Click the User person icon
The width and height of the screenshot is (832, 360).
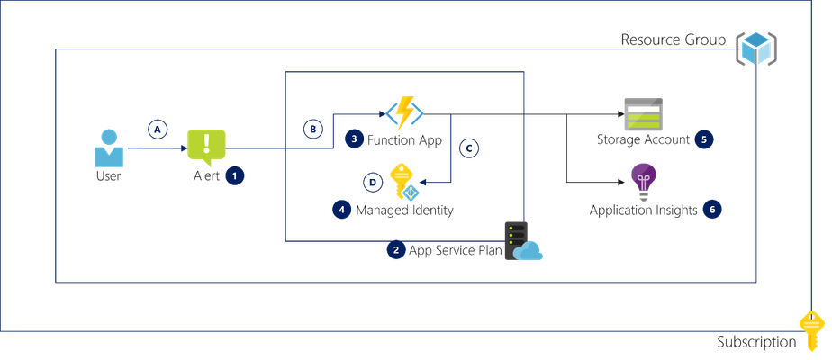[x=109, y=148]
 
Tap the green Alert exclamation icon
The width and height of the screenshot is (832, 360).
[x=206, y=148]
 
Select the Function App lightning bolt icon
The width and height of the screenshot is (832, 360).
[x=404, y=112]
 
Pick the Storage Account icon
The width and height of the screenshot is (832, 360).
[x=643, y=114]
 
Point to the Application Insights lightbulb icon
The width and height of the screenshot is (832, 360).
[x=644, y=182]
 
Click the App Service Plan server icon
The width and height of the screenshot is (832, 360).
[x=523, y=241]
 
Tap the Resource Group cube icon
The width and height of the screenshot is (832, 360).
[x=756, y=49]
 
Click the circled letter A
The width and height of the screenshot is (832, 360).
[x=158, y=129]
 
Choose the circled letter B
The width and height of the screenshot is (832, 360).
[x=313, y=129]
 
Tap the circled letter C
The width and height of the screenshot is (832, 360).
[x=468, y=148]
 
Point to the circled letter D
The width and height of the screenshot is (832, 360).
[x=373, y=183]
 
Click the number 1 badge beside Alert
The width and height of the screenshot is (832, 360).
[x=234, y=175]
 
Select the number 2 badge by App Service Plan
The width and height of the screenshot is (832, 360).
[x=396, y=249]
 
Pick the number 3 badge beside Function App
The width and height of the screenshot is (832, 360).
[x=354, y=139]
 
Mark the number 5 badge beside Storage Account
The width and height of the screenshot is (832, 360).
[x=704, y=139]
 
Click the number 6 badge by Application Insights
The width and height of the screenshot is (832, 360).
[x=712, y=210]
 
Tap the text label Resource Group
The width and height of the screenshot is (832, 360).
[x=674, y=40]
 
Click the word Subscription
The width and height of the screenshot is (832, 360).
[x=756, y=342]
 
